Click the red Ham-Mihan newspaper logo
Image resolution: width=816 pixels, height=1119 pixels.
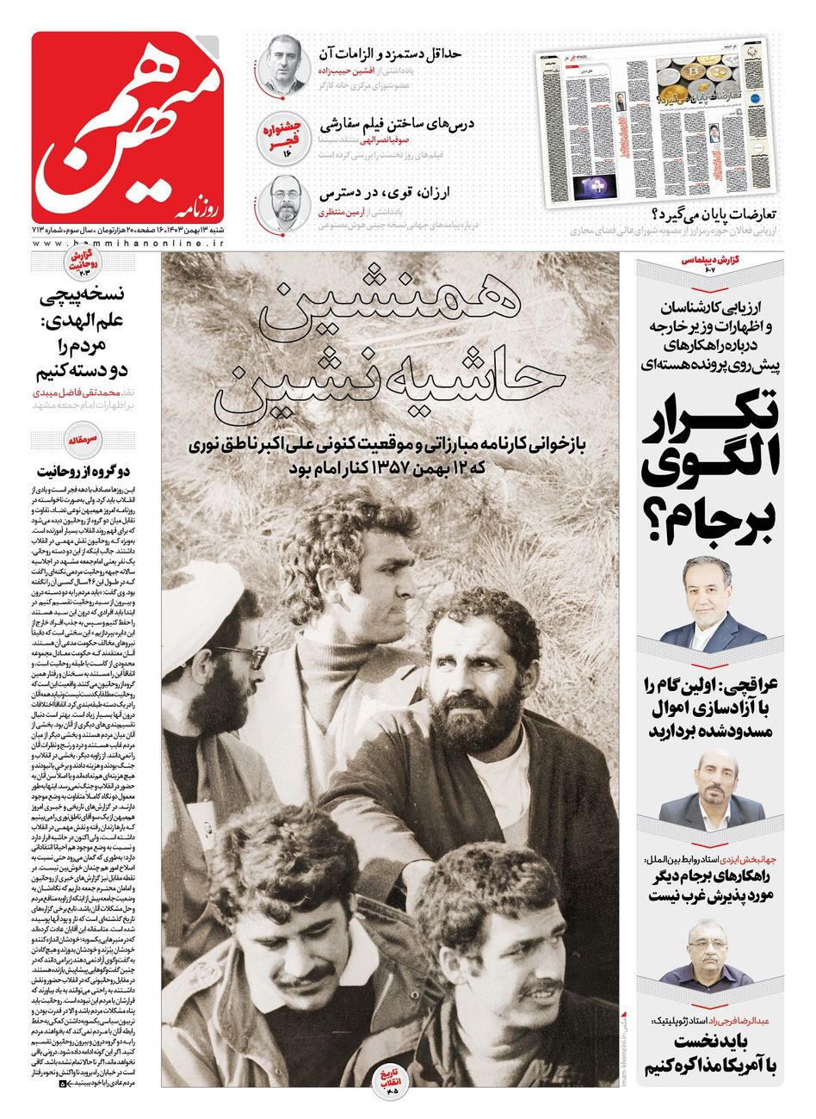point(127,127)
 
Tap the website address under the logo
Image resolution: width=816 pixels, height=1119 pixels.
point(128,245)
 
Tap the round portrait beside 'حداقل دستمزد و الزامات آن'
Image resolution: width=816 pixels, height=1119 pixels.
point(284,65)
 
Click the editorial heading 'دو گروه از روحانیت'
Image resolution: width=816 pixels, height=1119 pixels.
point(83,471)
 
